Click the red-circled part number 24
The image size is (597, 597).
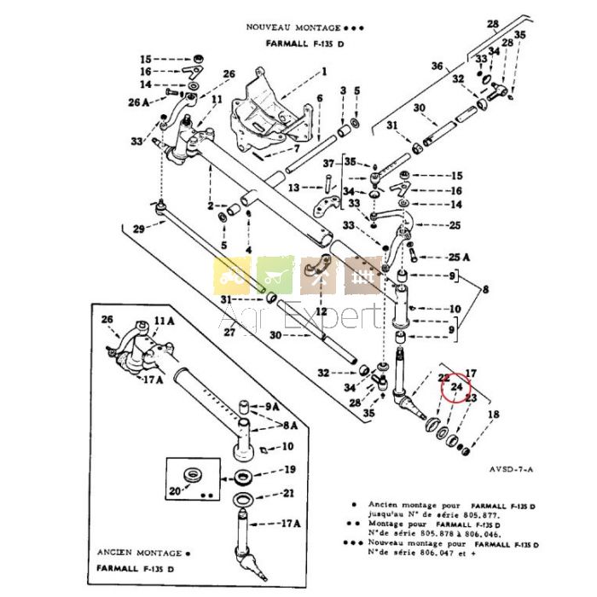(x=457, y=386)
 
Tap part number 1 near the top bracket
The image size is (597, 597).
(x=324, y=72)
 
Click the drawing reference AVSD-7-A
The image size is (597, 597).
(x=512, y=468)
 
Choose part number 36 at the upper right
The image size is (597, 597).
(x=437, y=66)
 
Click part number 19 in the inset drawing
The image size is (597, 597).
(x=290, y=468)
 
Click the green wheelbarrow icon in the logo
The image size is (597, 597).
(x=275, y=275)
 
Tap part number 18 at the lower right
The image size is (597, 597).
(x=492, y=414)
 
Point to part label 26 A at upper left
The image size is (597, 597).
(x=139, y=102)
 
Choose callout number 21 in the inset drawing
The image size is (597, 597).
(x=290, y=493)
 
